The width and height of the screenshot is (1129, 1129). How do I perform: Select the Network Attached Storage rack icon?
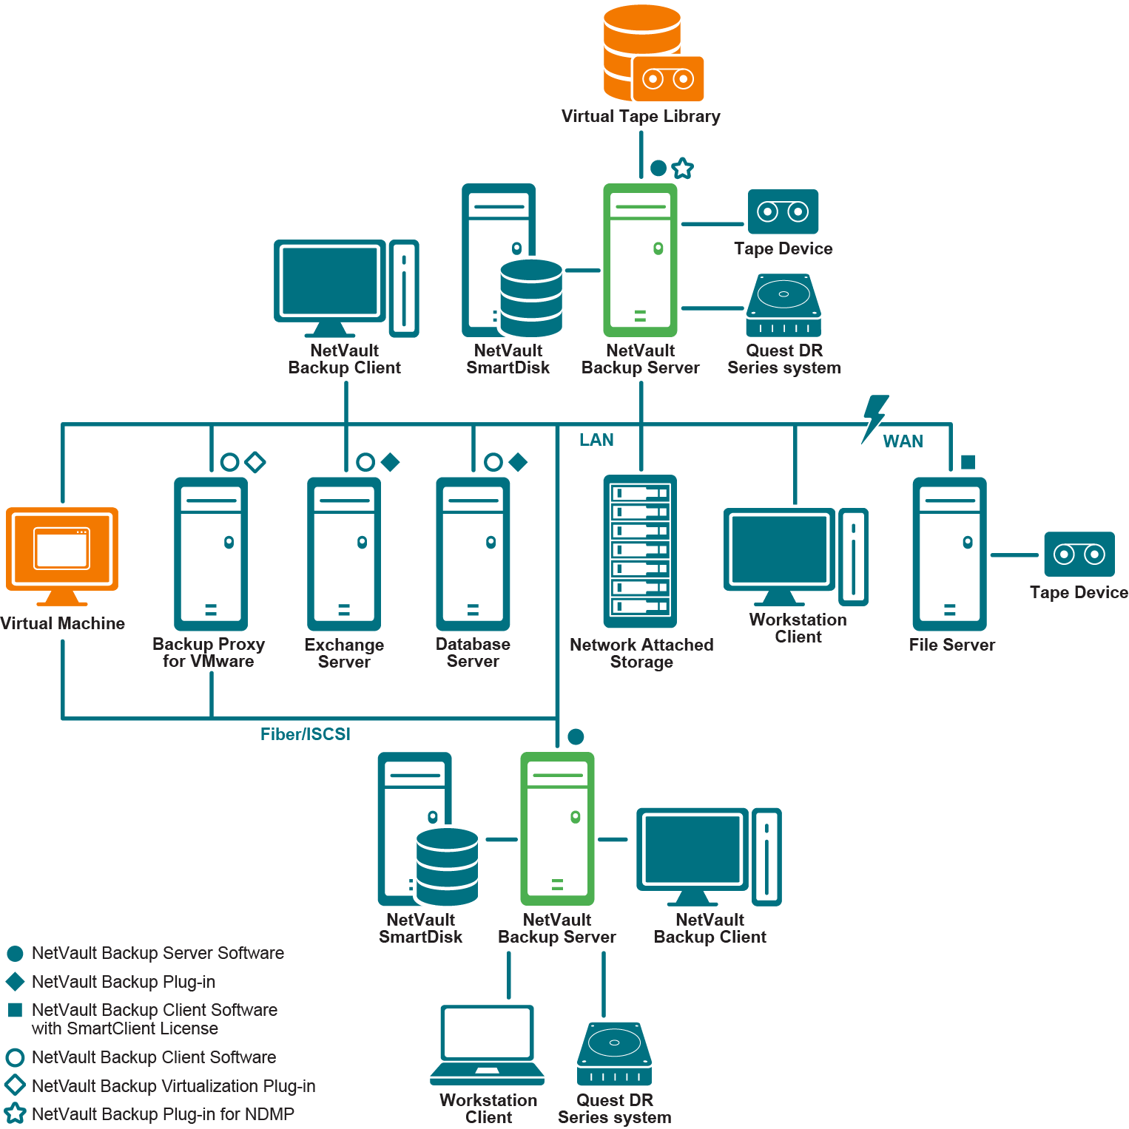pos(641,551)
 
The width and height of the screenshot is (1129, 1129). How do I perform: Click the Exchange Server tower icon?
pos(344,553)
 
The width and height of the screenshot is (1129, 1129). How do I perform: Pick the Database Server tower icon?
pos(473,553)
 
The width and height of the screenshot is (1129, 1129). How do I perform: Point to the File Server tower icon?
pos(949,553)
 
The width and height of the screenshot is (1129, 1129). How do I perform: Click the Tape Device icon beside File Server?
pos(1079,554)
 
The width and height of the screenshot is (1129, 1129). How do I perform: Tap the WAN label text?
pos(903,441)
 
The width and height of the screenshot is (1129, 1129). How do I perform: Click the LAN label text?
pos(596,440)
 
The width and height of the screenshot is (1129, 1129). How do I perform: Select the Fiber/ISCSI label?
pos(305,734)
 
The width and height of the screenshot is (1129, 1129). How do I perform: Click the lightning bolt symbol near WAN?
pos(875,418)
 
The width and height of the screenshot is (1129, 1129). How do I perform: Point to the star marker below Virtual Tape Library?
pos(683,169)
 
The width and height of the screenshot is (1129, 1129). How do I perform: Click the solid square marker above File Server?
pos(968,462)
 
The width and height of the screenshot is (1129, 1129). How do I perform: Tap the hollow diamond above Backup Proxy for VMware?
pos(255,462)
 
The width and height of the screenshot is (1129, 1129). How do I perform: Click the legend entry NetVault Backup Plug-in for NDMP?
pos(163,1114)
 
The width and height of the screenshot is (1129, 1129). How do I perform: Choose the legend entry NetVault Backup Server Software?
pos(158,953)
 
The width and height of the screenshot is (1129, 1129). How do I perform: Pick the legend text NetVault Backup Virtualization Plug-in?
pos(173,1086)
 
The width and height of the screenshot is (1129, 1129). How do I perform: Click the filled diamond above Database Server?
pos(518,462)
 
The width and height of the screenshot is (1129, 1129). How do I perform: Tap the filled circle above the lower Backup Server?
pos(576,736)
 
